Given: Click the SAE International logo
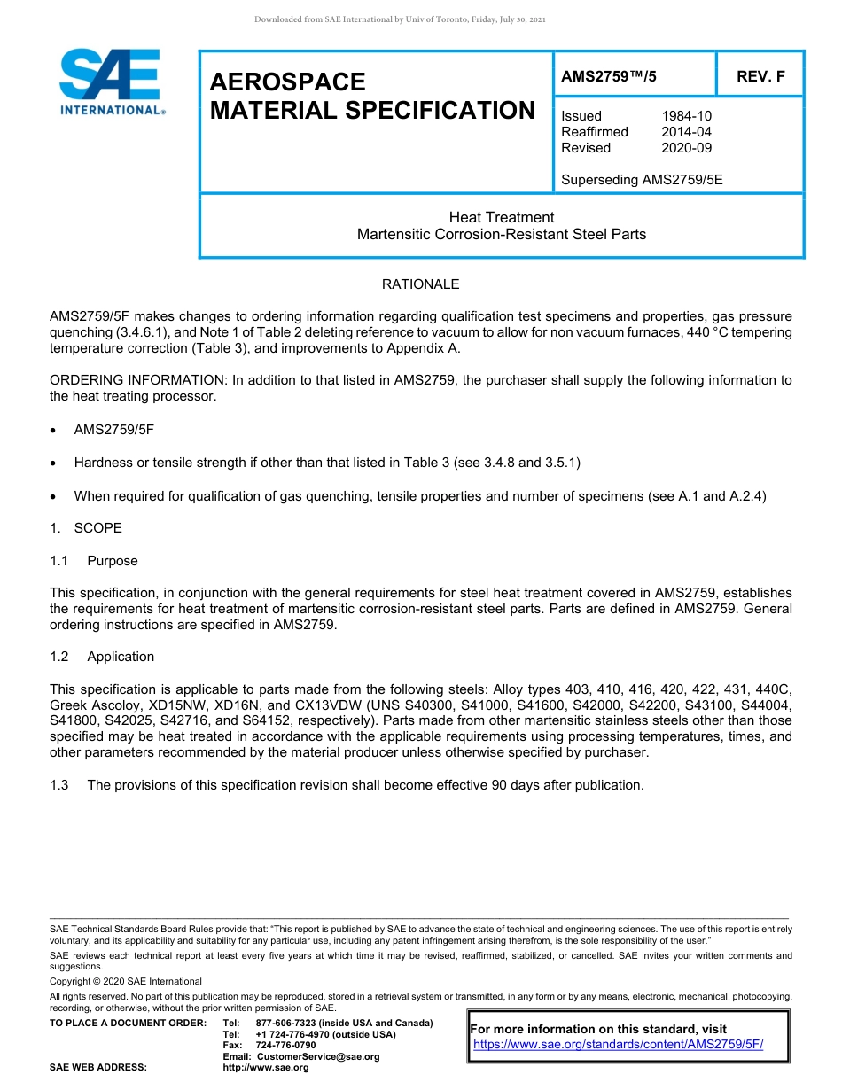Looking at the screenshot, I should (111, 82).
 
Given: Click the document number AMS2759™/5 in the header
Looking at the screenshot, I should (609, 76).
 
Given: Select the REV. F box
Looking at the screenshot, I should (760, 76).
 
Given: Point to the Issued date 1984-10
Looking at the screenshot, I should (686, 116).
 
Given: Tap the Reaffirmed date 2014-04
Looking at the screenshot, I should (686, 132).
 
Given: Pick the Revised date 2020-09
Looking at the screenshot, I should (686, 148).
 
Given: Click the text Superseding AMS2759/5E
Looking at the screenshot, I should (642, 180).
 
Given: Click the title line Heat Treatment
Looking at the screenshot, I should (501, 218).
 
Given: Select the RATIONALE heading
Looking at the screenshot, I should (420, 284).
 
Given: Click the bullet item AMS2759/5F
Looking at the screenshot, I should (114, 429).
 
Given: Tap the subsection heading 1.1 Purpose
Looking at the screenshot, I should (94, 561).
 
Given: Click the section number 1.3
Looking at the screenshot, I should (59, 785).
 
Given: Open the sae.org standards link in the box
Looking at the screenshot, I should (618, 1045).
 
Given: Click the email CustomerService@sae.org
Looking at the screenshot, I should (317, 1056).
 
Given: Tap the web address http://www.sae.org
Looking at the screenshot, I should (266, 1068).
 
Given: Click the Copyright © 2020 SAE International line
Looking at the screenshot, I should (126, 982).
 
